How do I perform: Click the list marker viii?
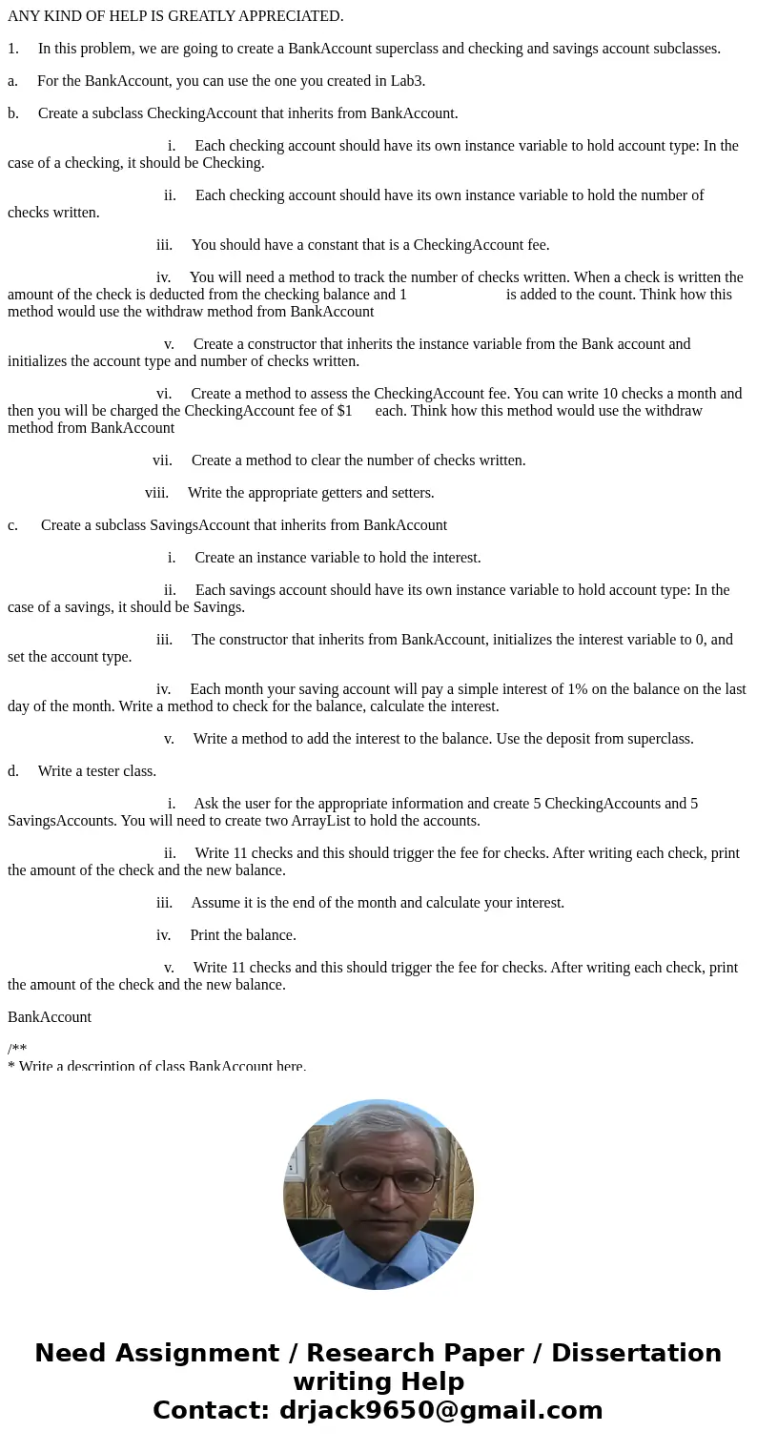click(156, 493)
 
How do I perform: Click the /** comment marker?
click(17, 1050)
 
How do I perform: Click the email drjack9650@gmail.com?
click(440, 1411)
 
